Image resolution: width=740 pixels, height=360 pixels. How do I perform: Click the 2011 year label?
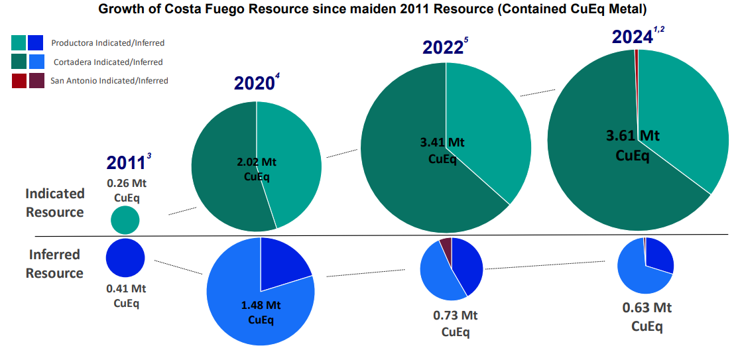(126, 163)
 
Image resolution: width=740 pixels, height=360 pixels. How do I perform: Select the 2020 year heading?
(254, 83)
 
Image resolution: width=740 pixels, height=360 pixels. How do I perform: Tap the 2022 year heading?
(442, 48)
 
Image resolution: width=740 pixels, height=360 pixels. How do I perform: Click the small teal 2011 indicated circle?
(125, 220)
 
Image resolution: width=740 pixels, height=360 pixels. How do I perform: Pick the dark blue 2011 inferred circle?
(125, 258)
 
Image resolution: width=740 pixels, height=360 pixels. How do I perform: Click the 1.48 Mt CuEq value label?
(260, 312)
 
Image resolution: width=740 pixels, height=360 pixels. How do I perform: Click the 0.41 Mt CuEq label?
(126, 296)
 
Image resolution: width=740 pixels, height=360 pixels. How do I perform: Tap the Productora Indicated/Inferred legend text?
(107, 43)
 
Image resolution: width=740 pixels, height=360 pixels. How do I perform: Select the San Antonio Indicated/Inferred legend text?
(109, 81)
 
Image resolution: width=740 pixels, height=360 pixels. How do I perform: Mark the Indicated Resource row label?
(55, 203)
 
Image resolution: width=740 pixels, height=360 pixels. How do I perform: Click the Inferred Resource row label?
(54, 263)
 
